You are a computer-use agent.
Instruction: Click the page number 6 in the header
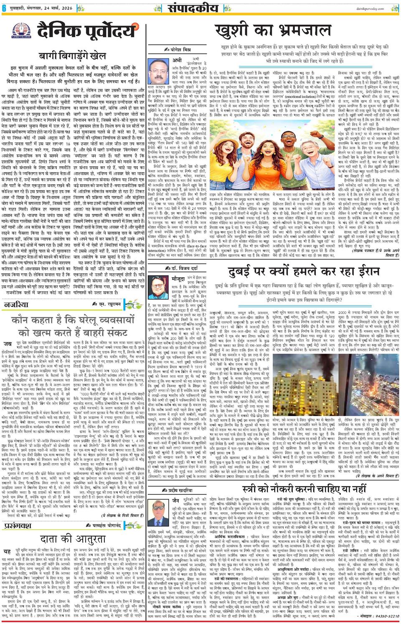(x=4, y=7)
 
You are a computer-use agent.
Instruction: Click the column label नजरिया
(x=15, y=305)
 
